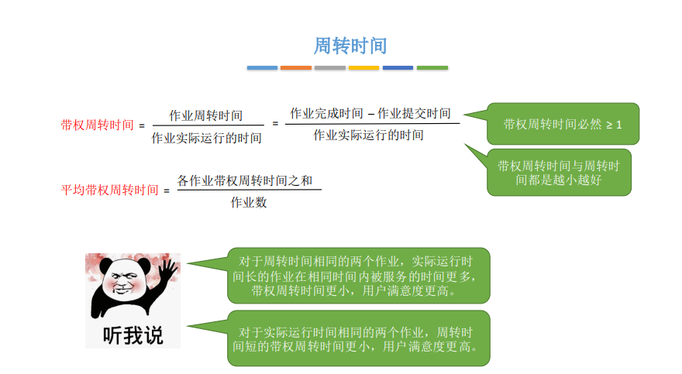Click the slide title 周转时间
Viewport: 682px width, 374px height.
[350, 46]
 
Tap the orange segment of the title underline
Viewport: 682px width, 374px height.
[296, 68]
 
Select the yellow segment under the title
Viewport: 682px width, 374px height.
[363, 68]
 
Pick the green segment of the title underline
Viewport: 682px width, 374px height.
[432, 68]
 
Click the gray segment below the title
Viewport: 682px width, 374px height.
[329, 68]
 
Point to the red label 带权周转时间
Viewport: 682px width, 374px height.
[97, 125]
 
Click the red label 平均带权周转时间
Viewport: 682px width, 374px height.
[109, 190]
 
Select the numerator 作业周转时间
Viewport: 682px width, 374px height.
[205, 115]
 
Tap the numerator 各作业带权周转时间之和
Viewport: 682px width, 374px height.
[245, 180]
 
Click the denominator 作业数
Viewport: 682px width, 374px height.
[249, 202]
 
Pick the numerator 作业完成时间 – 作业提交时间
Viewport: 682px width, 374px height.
[370, 113]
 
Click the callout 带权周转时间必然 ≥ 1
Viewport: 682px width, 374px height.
[563, 124]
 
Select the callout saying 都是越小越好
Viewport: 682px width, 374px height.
[559, 173]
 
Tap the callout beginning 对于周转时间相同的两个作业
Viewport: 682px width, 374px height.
[358, 276]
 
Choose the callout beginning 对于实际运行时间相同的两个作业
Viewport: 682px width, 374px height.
[358, 338]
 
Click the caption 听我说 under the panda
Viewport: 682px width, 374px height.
[133, 335]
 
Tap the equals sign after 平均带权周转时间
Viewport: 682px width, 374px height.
[167, 190]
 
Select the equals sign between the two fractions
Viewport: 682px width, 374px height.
[275, 124]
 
